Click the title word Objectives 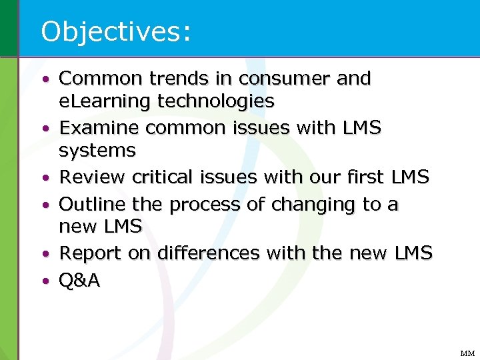point(115,31)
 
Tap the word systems point(97,151)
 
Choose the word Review point(93,177)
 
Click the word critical point(160,177)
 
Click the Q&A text point(79,281)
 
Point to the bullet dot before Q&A point(45,281)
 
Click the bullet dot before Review point(45,179)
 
